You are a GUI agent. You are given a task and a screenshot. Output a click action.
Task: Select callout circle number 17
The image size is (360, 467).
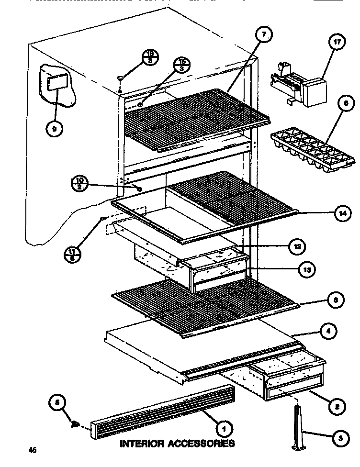(337, 42)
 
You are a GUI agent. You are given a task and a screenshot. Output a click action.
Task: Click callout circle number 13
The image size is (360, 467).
(306, 270)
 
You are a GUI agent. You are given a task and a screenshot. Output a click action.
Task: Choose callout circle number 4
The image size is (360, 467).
(328, 330)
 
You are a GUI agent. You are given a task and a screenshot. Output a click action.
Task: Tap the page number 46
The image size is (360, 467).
(32, 450)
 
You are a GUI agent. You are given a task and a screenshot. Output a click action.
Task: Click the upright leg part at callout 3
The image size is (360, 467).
(298, 428)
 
